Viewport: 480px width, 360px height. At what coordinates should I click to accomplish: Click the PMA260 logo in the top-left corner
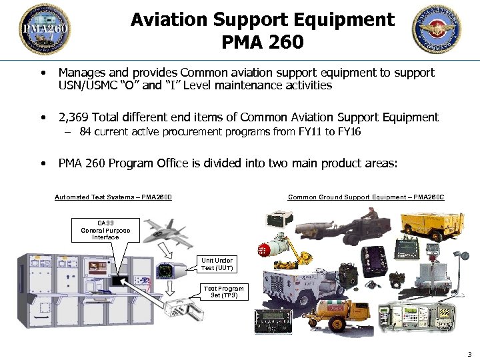pos(44,29)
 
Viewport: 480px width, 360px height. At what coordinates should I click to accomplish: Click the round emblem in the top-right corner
pos(437,29)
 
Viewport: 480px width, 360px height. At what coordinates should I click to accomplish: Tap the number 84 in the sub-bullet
pos(85,132)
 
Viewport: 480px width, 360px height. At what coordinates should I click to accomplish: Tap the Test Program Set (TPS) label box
pos(223,292)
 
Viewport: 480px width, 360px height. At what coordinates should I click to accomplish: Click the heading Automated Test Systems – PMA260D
pos(113,197)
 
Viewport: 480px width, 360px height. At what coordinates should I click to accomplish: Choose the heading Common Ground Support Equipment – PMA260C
pos(366,197)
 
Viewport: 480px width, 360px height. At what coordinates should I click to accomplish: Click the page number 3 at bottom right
pos(469,354)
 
